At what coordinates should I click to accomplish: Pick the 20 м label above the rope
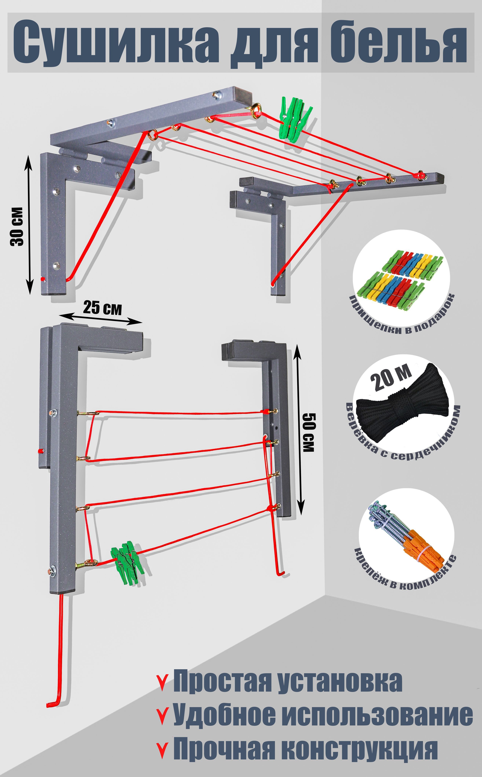[393, 378]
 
